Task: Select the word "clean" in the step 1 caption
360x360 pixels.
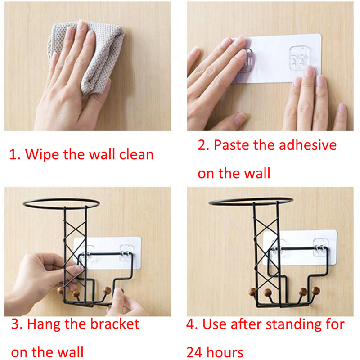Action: [x=136, y=154]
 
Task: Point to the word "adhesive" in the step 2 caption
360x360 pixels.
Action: [x=308, y=145]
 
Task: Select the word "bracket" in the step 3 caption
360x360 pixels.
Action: [x=115, y=324]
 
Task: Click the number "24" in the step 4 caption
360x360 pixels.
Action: [x=194, y=352]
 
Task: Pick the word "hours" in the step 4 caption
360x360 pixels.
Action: [x=225, y=352]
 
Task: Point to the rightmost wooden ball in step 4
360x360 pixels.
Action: [x=315, y=290]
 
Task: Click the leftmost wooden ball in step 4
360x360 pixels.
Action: [x=252, y=292]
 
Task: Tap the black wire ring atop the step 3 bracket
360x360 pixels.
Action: [x=61, y=199]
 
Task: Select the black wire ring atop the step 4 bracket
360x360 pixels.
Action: [x=251, y=198]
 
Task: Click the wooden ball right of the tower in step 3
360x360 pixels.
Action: [x=107, y=290]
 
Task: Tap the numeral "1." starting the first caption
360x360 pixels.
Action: [x=15, y=154]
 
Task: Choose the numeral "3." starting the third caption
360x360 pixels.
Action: [x=17, y=324]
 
